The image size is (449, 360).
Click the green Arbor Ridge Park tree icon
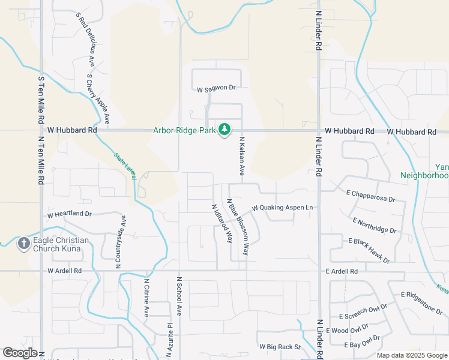pyautogui.click(x=225, y=129)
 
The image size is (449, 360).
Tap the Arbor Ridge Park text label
pyautogui.click(x=184, y=130)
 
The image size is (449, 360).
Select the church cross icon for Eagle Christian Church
pyautogui.click(x=23, y=243)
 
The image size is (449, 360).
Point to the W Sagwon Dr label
pyautogui.click(x=217, y=89)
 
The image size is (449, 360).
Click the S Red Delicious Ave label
pyautogui.click(x=86, y=41)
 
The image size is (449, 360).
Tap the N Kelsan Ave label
pyautogui.click(x=241, y=155)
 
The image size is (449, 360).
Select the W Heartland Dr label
pyautogui.click(x=70, y=214)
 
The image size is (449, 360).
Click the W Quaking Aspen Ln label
pyautogui.click(x=283, y=208)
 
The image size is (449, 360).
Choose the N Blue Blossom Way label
pyautogui.click(x=238, y=226)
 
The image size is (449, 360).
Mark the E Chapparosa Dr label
pyautogui.click(x=370, y=196)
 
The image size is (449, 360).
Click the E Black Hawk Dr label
pyautogui.click(x=369, y=250)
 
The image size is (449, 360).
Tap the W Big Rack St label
pyautogui.click(x=279, y=347)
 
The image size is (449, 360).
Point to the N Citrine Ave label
pyautogui.click(x=146, y=296)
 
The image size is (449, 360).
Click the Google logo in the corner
pyautogui.click(x=20, y=353)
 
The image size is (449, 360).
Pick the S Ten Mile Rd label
pyautogui.click(x=41, y=99)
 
